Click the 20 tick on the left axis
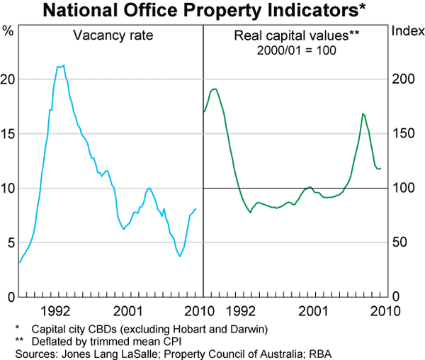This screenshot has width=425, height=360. coord(8,79)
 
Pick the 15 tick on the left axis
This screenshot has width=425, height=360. coord(8,134)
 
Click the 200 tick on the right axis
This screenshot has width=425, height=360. coord(403,79)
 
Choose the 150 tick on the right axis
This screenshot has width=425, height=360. coord(403,134)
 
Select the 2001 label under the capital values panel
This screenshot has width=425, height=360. coord(312,310)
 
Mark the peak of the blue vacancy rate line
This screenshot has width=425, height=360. coord(63,65)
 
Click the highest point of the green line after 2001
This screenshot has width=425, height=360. coord(363,113)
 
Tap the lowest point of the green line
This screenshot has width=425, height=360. coord(250,213)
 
